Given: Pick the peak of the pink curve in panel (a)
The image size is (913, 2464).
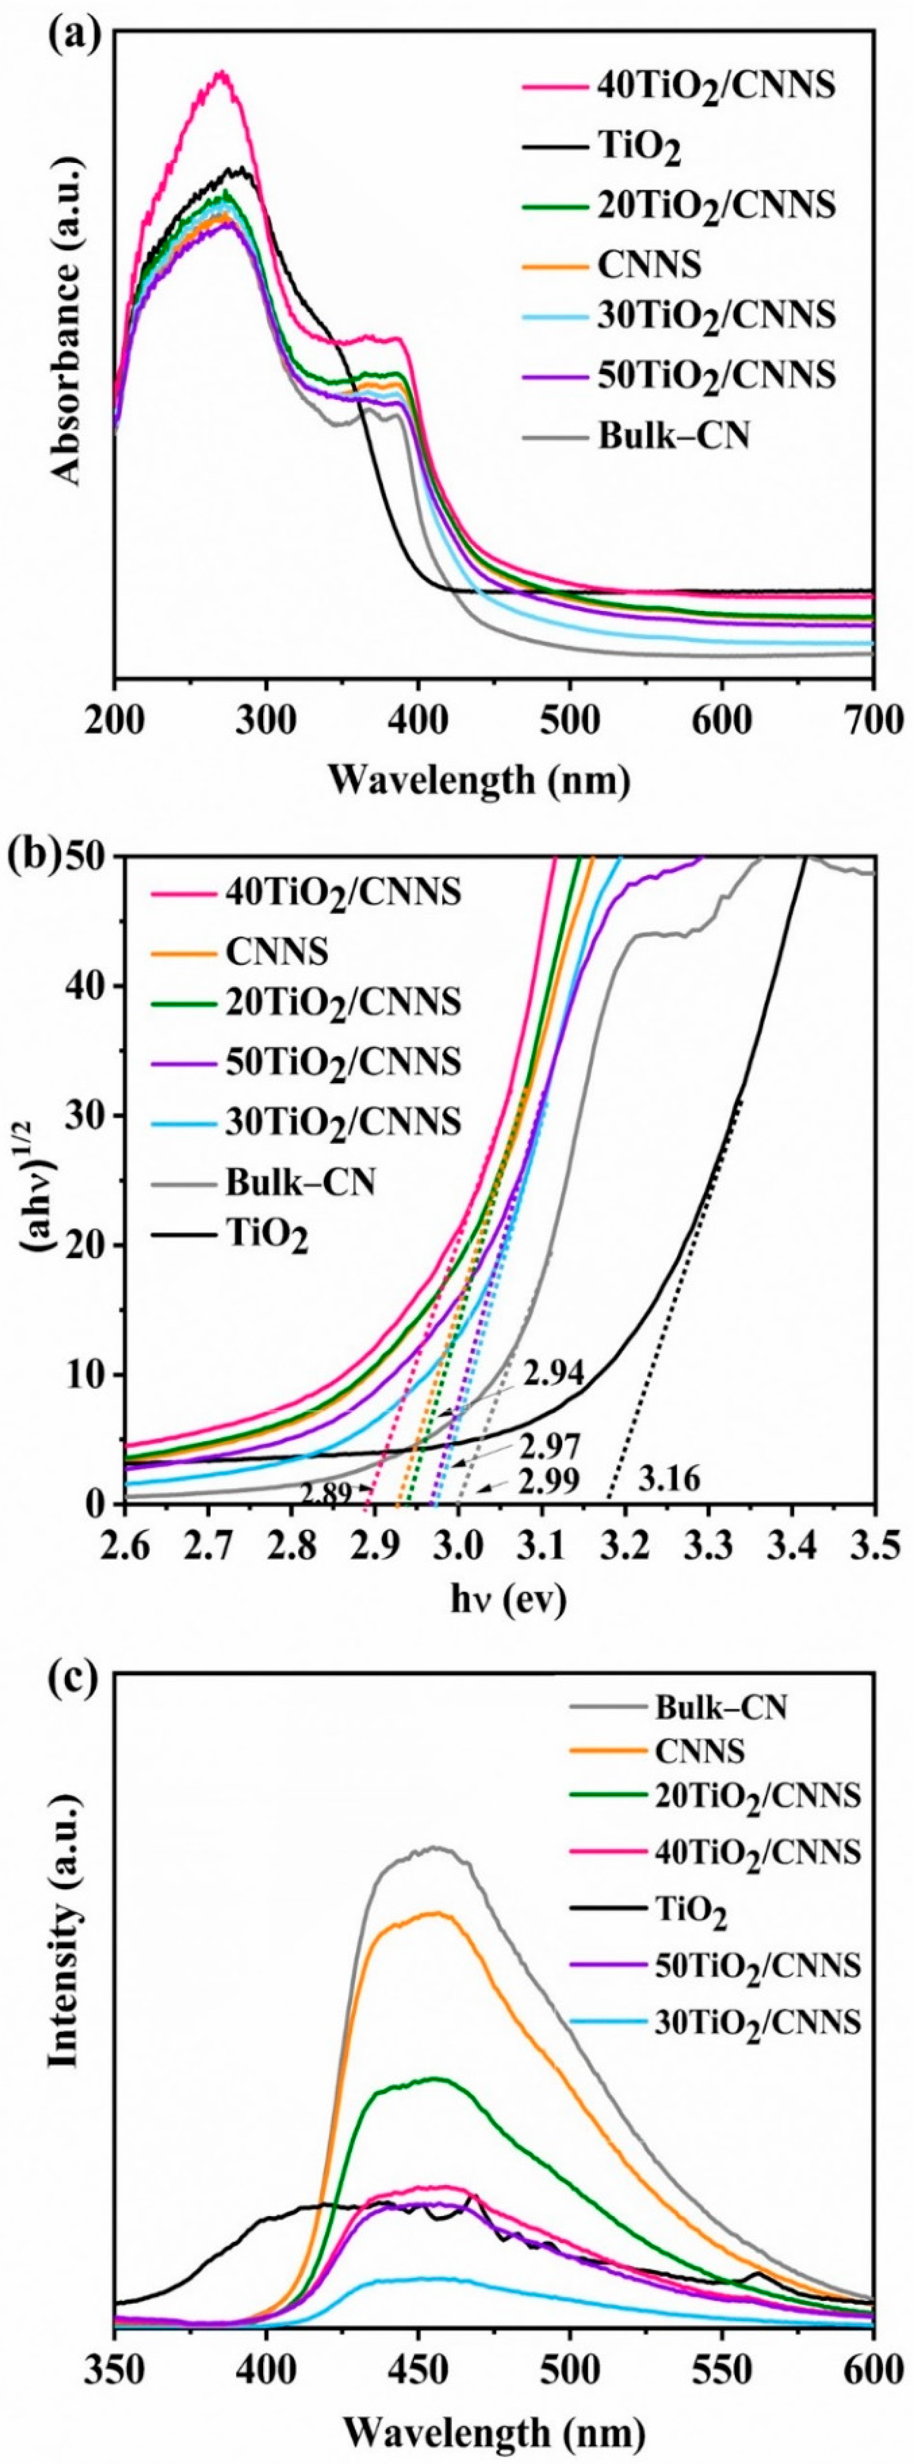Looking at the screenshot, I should point(222,73).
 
